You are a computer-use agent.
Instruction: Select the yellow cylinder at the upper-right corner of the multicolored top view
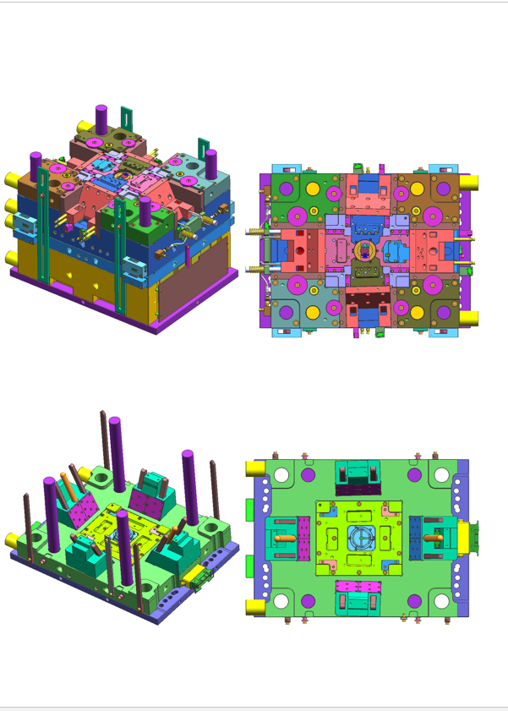(469, 182)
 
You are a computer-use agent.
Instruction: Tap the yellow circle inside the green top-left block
(312, 188)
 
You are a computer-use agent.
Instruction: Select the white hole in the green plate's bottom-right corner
(442, 601)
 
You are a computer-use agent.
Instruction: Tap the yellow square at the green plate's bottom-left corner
(253, 606)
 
